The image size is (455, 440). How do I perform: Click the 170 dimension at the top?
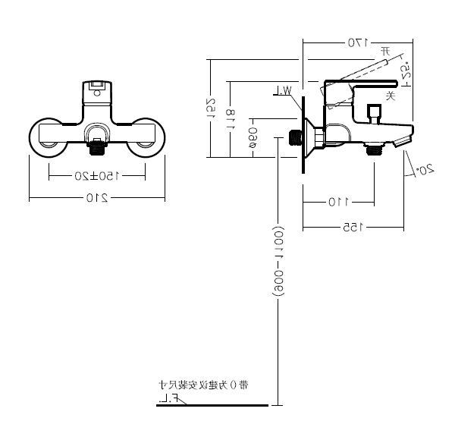tap(356, 42)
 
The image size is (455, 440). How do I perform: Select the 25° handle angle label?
tap(405, 73)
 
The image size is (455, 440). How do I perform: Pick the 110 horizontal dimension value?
tap(337, 203)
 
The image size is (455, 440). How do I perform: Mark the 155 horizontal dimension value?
tap(353, 226)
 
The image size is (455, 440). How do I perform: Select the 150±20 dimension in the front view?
tap(96, 175)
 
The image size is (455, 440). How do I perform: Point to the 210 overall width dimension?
tap(96, 199)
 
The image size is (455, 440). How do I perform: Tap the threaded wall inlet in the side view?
tap(297, 138)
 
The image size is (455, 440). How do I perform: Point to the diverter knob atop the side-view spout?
tap(372, 114)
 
